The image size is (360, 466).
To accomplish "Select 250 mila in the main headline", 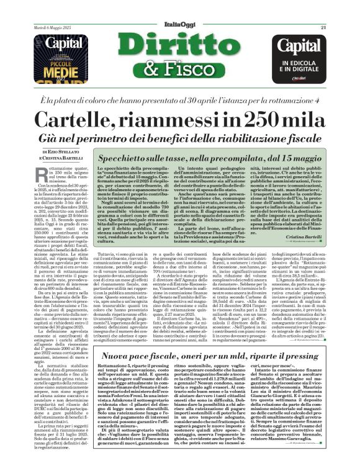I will pos(284,119).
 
